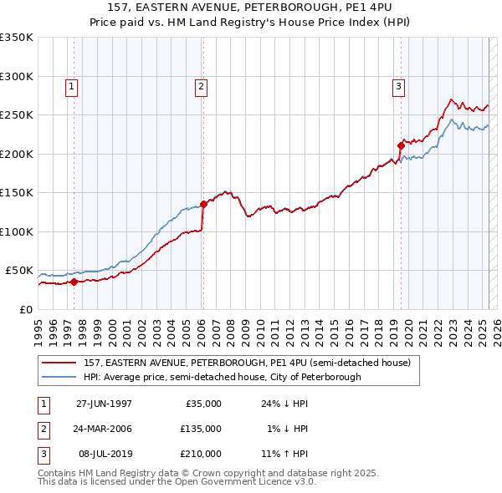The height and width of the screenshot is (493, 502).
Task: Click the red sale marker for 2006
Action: pos(203,204)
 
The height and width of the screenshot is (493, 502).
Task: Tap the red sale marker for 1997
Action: pos(74,282)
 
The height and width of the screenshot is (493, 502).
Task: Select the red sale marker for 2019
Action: pos(401,145)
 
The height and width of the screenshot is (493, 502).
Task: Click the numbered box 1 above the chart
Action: pos(71,84)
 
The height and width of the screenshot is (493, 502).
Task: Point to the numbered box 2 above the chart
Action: pos(202,84)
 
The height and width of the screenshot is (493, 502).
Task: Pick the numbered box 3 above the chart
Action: pos(399,84)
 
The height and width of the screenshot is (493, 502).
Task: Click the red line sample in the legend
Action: pos(59,363)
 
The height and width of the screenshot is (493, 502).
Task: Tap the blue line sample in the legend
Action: pos(59,377)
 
